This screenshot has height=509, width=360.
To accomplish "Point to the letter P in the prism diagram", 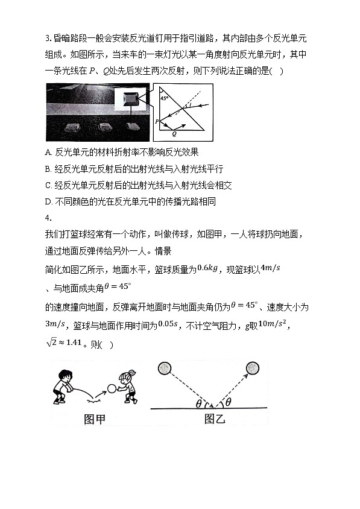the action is pyautogui.click(x=157, y=121).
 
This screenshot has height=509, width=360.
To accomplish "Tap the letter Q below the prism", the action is pyautogui.click(x=174, y=135).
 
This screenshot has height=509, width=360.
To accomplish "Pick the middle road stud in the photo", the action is pyautogui.click(x=104, y=128).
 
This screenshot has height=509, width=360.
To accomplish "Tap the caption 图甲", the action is pyautogui.click(x=94, y=419).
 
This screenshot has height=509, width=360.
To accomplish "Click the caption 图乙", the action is pyautogui.click(x=214, y=419).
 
